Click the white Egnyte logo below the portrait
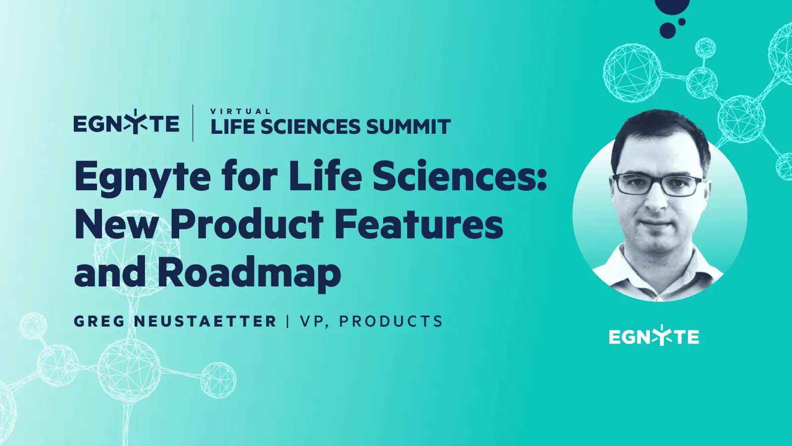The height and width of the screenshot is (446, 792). pyautogui.click(x=654, y=337)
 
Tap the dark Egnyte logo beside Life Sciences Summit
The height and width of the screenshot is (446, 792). pyautogui.click(x=126, y=123)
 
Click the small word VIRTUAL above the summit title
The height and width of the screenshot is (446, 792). pyautogui.click(x=241, y=111)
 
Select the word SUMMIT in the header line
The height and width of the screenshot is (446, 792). pyautogui.click(x=408, y=127)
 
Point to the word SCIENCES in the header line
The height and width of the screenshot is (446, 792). pyautogui.click(x=311, y=127)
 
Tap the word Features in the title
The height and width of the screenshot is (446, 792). pyautogui.click(x=419, y=224)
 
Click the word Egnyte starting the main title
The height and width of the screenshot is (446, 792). pyautogui.click(x=143, y=177)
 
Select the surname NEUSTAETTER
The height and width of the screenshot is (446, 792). pyautogui.click(x=205, y=321)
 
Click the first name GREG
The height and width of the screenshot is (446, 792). pyautogui.click(x=99, y=321)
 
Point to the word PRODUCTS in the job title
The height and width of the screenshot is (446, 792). pyautogui.click(x=391, y=321)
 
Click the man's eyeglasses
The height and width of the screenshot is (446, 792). pyautogui.click(x=657, y=185)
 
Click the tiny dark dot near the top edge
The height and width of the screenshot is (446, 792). pyautogui.click(x=682, y=22)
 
